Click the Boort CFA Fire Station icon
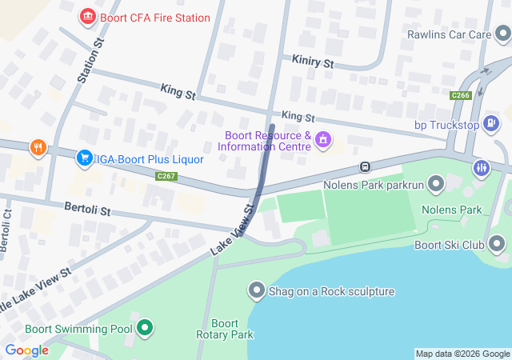(x=87, y=17)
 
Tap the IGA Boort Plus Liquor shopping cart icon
(x=84, y=158)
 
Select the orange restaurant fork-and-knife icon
(x=38, y=148)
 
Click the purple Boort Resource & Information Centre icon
(x=322, y=141)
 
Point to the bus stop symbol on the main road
(x=364, y=167)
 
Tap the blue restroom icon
(x=481, y=168)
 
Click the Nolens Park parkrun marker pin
(x=436, y=186)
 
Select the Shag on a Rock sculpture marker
(x=257, y=290)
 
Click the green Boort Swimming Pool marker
(x=145, y=328)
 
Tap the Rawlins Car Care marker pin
(x=502, y=34)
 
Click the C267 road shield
(x=166, y=176)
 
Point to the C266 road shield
(x=460, y=95)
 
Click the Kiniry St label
(x=312, y=62)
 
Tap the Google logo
(x=26, y=350)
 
